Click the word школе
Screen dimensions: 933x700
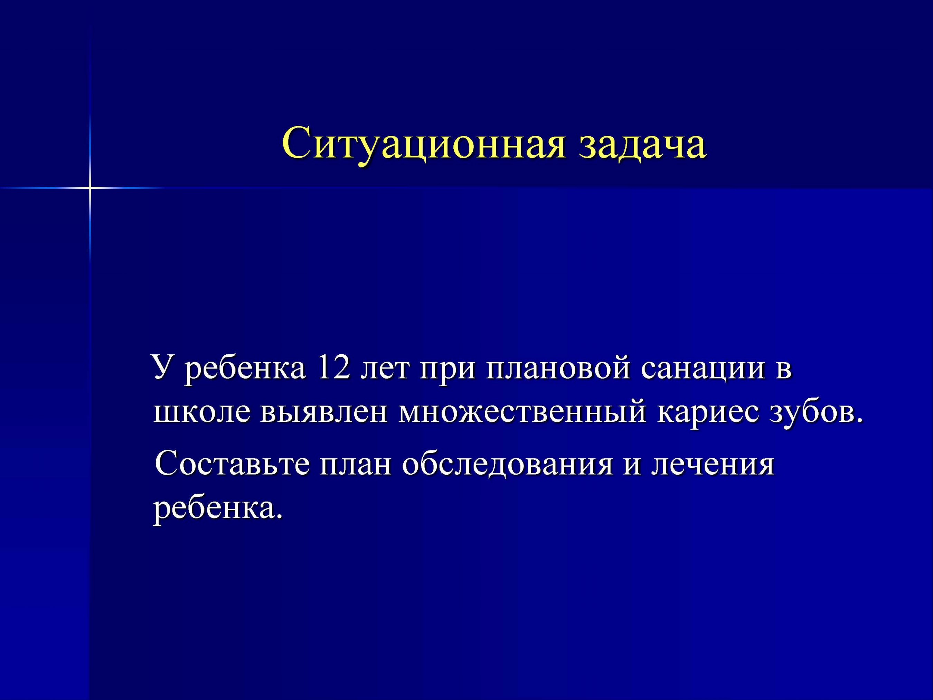click(x=199, y=413)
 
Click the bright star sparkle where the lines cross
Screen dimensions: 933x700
click(x=90, y=187)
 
